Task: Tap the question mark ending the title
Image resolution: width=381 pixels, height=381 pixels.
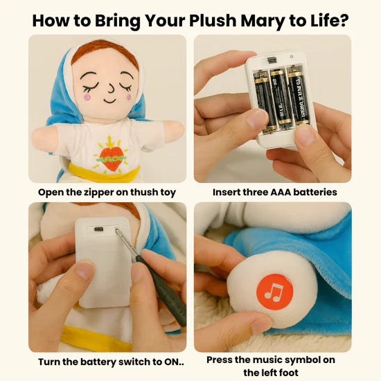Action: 344,20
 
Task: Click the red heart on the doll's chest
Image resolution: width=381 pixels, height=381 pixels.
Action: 112,159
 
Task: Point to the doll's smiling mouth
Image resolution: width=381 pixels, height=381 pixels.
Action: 109,100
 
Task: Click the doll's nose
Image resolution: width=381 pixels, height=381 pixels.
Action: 111,88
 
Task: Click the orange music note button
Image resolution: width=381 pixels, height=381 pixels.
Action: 274,292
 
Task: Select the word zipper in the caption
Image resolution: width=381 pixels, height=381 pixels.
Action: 98,193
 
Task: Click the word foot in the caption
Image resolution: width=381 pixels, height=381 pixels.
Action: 288,373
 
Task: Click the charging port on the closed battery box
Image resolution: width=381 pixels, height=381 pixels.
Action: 98,229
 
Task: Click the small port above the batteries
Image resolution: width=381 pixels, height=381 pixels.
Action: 272,60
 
